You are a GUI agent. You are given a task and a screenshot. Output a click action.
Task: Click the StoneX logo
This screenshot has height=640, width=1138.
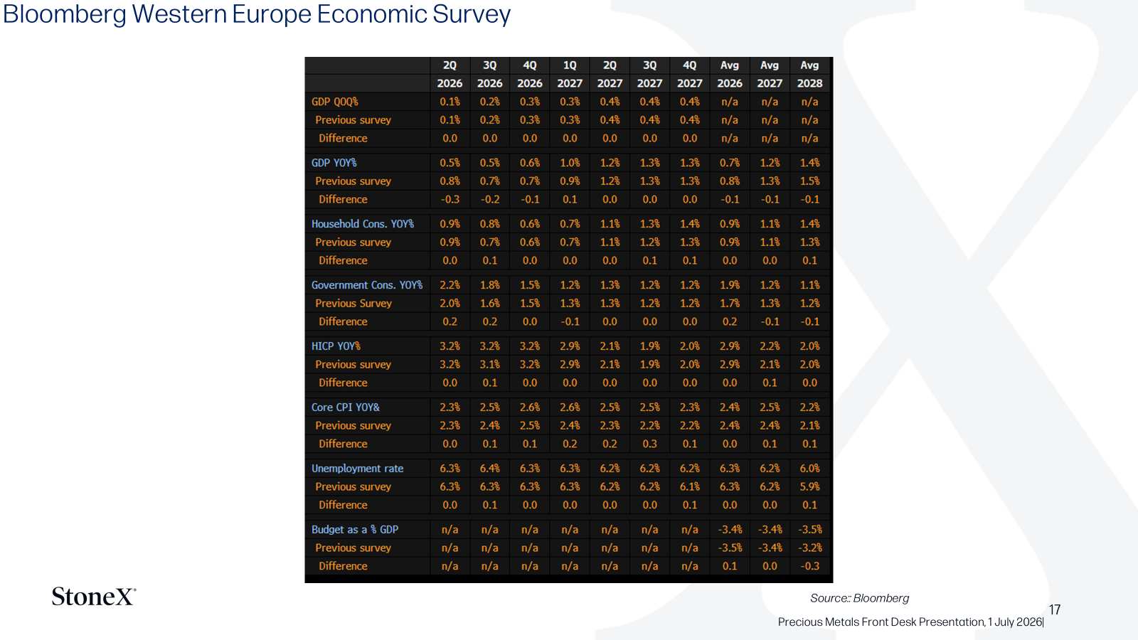[x=94, y=597]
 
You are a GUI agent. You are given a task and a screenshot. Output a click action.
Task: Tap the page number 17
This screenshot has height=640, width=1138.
[x=1055, y=609]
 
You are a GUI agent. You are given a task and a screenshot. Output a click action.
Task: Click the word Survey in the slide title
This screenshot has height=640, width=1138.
[x=472, y=14]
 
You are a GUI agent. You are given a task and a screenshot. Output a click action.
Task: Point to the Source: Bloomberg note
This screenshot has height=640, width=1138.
[x=860, y=598]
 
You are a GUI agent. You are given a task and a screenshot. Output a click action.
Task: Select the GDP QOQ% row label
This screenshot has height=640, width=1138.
[x=335, y=102]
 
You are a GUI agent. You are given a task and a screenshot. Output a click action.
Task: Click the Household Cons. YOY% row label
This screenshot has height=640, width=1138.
[x=363, y=223]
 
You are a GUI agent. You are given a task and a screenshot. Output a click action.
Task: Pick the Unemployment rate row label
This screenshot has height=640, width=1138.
[x=357, y=469]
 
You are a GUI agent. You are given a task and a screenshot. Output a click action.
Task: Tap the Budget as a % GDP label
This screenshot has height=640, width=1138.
[x=355, y=529]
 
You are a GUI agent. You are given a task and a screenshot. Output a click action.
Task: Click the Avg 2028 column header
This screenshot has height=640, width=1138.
[x=810, y=74]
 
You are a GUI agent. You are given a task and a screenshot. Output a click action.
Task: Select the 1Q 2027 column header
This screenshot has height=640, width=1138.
[x=570, y=74]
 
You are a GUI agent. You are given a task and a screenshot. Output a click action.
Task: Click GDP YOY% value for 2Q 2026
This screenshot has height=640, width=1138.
[x=450, y=163]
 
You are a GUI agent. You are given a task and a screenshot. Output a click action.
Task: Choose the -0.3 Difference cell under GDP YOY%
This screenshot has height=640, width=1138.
[x=450, y=199]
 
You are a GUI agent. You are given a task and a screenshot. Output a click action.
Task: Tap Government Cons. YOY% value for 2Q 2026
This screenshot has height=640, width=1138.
[x=450, y=285]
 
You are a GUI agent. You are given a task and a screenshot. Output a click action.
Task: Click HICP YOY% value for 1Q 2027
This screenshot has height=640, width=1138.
[x=570, y=346]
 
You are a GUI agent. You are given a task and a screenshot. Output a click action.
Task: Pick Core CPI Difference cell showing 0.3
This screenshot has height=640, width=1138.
[x=650, y=444]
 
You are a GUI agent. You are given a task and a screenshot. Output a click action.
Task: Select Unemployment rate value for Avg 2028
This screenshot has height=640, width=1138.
[x=810, y=469]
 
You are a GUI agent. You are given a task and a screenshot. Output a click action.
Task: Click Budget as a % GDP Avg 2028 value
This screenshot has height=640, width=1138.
[x=810, y=529]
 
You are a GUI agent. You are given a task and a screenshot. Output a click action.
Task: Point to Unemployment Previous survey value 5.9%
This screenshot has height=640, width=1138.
[x=810, y=486]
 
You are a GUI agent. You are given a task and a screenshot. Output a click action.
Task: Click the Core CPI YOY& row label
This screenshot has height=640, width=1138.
[x=346, y=407]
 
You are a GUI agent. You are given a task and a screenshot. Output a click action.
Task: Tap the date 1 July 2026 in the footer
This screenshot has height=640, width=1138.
[x=1014, y=622]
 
